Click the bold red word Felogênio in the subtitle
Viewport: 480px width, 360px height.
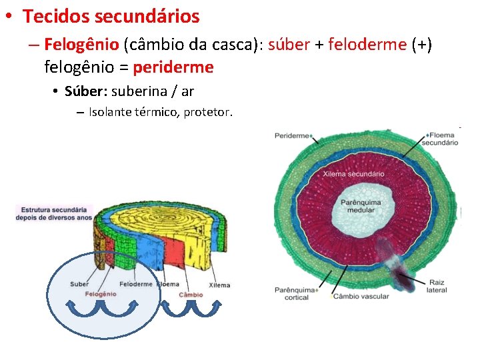click(81, 45)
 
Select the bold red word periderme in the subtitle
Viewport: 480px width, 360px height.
click(173, 67)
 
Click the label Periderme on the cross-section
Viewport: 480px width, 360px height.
click(292, 135)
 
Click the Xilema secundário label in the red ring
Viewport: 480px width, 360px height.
click(354, 173)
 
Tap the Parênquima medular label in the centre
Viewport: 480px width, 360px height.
click(361, 206)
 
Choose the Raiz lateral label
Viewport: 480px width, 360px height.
click(439, 286)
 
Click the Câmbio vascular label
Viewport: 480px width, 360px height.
click(361, 296)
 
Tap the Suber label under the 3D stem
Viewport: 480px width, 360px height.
click(79, 285)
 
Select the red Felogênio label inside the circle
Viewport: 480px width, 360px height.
click(101, 294)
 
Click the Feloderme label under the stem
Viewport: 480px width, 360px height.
click(138, 285)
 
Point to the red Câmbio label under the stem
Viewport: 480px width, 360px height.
click(191, 294)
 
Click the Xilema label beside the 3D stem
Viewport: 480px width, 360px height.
click(219, 285)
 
